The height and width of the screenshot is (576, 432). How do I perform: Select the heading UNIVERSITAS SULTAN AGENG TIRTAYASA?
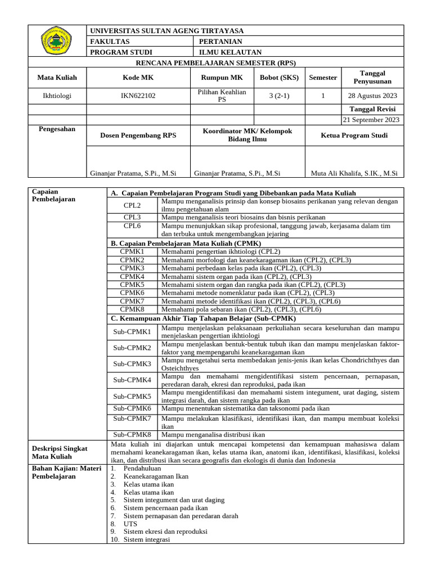[x=167, y=31]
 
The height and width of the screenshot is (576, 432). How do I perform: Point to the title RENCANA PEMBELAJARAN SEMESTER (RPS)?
[x=216, y=62]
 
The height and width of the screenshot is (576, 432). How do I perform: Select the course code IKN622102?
[x=138, y=96]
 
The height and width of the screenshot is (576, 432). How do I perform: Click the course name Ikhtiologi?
[x=57, y=96]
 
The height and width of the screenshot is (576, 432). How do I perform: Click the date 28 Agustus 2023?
[x=373, y=96]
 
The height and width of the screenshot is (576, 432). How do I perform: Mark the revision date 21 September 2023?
[x=372, y=119]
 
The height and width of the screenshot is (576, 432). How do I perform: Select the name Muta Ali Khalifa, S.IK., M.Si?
[x=354, y=173]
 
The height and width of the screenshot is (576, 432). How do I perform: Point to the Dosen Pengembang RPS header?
[x=138, y=136]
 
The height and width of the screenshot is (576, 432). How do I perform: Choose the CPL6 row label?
[x=132, y=226]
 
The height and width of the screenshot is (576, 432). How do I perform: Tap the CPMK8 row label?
[x=132, y=309]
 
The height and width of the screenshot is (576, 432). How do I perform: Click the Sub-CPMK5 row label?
[x=132, y=396]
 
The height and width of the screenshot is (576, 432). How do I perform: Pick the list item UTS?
[x=130, y=523]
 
